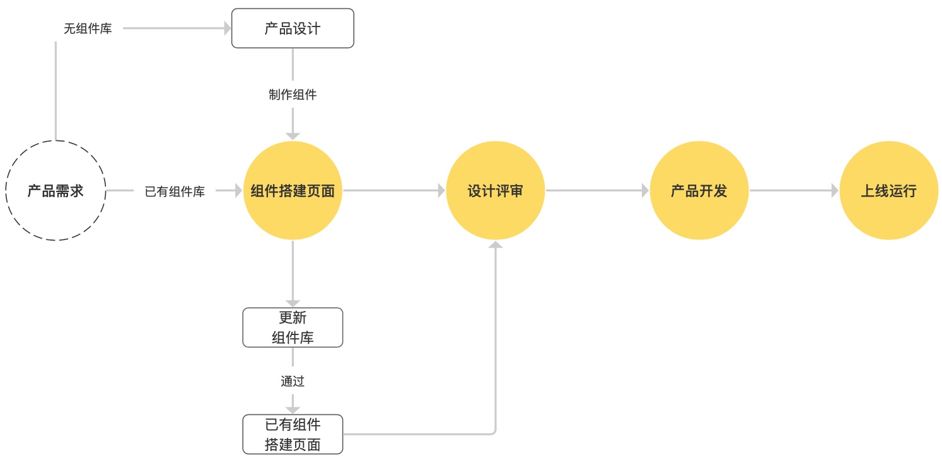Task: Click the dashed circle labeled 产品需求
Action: tap(55, 191)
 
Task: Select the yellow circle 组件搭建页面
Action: tap(293, 191)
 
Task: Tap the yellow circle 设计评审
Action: tap(496, 191)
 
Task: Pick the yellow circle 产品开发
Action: tap(699, 191)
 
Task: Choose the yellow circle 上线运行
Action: tap(889, 191)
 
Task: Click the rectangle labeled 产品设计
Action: tap(293, 28)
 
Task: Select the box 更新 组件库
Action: tap(293, 327)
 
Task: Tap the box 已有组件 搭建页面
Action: tap(293, 435)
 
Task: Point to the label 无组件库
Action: tap(88, 28)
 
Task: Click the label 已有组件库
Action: tap(175, 191)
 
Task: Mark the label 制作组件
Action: tap(293, 95)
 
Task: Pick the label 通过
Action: tap(293, 381)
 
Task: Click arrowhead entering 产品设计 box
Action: tap(228, 28)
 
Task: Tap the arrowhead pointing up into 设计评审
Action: tap(496, 244)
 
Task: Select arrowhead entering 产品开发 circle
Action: tap(645, 191)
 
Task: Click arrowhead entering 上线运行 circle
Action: tap(835, 191)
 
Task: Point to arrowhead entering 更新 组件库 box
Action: tap(293, 304)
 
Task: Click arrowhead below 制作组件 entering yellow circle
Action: tap(293, 136)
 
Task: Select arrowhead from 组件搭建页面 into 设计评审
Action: tap(442, 191)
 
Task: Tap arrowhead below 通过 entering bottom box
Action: tap(293, 410)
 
